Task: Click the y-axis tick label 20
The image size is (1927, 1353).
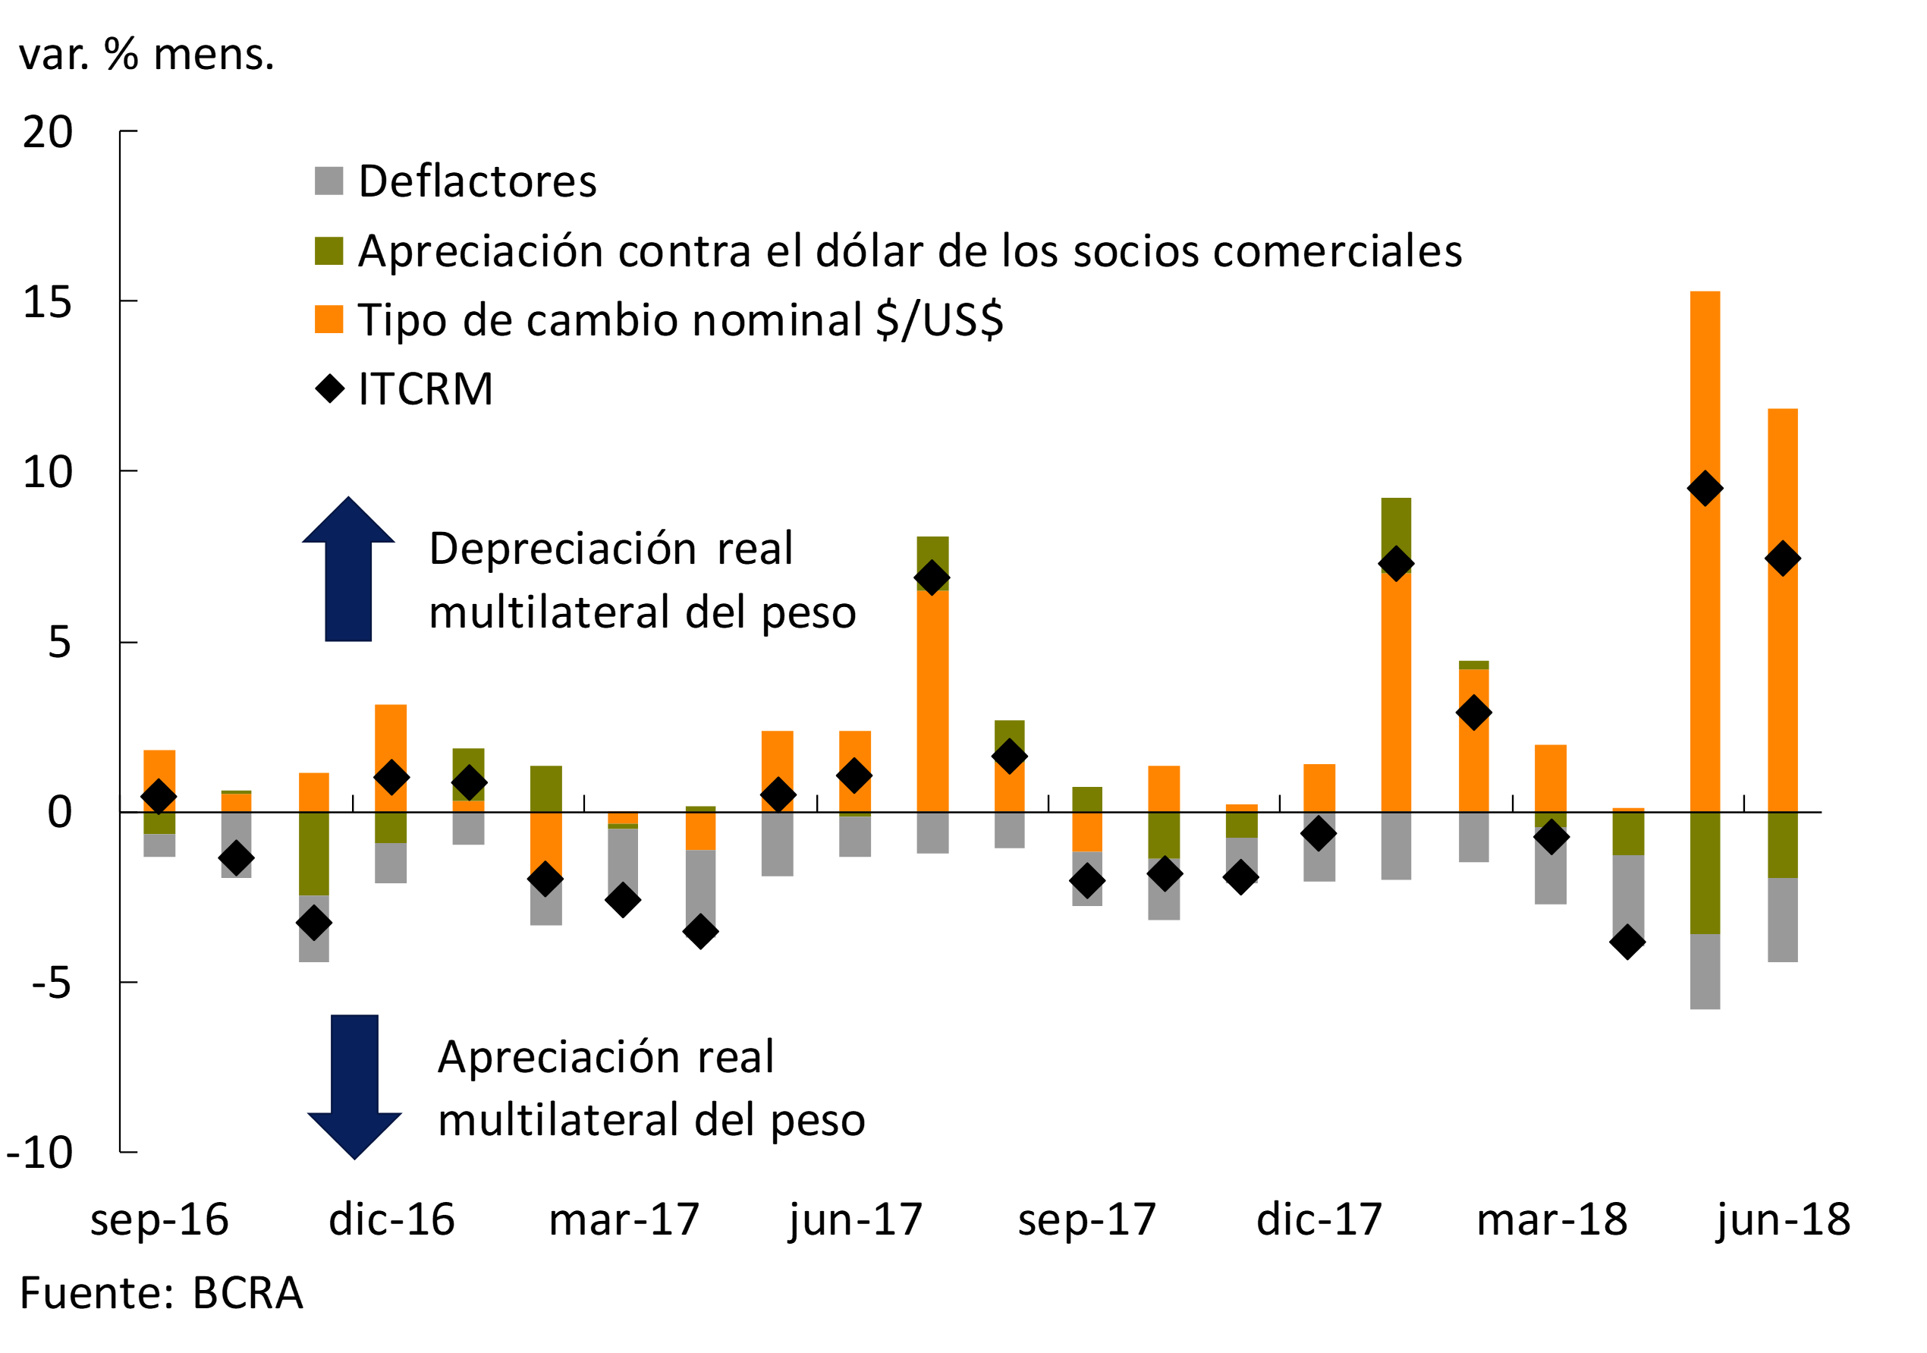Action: [x=48, y=133]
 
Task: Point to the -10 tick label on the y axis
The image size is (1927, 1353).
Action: [x=39, y=1153]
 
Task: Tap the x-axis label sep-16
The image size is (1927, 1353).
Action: [x=159, y=1219]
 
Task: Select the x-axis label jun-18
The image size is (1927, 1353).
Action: [x=1783, y=1219]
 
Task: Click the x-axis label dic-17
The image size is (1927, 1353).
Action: [x=1319, y=1219]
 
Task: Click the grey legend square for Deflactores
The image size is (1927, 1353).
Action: [x=329, y=181]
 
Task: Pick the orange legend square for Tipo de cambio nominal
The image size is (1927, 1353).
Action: [x=329, y=319]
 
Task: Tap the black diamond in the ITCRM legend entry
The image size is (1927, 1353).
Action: [x=330, y=389]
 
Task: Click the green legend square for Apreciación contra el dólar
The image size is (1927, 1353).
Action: [x=329, y=251]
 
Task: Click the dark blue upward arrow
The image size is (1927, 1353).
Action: [x=348, y=571]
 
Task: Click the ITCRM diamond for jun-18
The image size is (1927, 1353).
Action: [x=1782, y=559]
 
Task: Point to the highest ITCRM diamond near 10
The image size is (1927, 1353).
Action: [x=1705, y=489]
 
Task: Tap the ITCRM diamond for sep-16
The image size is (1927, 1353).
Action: [x=159, y=797]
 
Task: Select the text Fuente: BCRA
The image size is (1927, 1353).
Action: [x=161, y=1293]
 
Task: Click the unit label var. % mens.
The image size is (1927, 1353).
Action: [x=147, y=55]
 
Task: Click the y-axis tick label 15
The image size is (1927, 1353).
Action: [x=48, y=303]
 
